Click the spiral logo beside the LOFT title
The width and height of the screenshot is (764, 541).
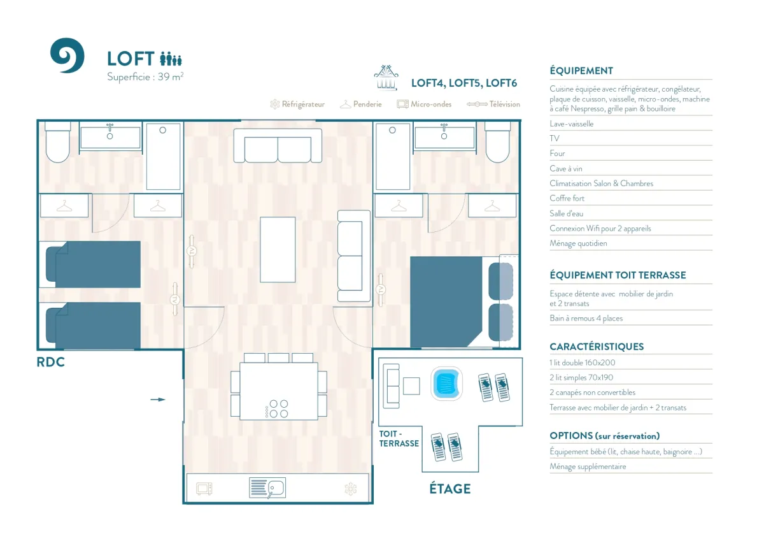pyautogui.click(x=67, y=55)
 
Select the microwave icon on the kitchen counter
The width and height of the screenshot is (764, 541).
pyautogui.click(x=204, y=489)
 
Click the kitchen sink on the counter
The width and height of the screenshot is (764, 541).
pyautogui.click(x=267, y=488)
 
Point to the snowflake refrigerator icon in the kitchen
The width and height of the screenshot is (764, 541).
pyautogui.click(x=350, y=489)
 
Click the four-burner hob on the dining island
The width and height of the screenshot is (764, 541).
pyautogui.click(x=278, y=408)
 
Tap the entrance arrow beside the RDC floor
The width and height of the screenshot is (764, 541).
pyautogui.click(x=157, y=400)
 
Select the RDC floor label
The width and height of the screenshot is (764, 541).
pyautogui.click(x=51, y=363)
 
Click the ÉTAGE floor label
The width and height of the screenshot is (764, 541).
pyautogui.click(x=449, y=489)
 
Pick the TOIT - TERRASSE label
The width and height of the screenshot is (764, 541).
pyautogui.click(x=399, y=438)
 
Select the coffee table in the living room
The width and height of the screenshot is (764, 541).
pyautogui.click(x=278, y=249)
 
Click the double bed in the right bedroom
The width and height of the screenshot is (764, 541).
pyautogui.click(x=446, y=301)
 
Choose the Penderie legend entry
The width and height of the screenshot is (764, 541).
pyautogui.click(x=361, y=104)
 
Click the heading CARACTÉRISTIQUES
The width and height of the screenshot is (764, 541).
pyautogui.click(x=597, y=347)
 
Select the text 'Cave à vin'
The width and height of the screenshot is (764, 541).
pyautogui.click(x=566, y=168)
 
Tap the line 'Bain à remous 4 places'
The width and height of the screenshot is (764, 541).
pyautogui.click(x=586, y=318)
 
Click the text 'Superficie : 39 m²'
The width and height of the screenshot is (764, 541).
pyautogui.click(x=145, y=77)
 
